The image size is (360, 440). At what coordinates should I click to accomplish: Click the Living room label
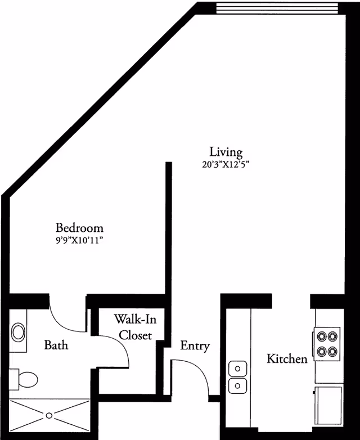(226, 152)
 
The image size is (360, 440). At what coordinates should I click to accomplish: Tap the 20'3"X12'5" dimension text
(226, 165)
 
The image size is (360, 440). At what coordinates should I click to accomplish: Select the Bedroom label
(79, 228)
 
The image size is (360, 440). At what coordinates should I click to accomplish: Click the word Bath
(56, 344)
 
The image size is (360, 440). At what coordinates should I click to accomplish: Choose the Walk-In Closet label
(135, 327)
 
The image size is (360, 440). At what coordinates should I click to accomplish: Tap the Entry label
(195, 345)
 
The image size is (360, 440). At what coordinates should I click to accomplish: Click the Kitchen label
(287, 358)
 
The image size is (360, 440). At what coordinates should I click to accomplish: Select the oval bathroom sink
(18, 332)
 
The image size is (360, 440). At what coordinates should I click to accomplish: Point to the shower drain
(49, 416)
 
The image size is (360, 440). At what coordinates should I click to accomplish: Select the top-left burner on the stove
(322, 337)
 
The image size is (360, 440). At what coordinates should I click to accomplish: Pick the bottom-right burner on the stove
(333, 352)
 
